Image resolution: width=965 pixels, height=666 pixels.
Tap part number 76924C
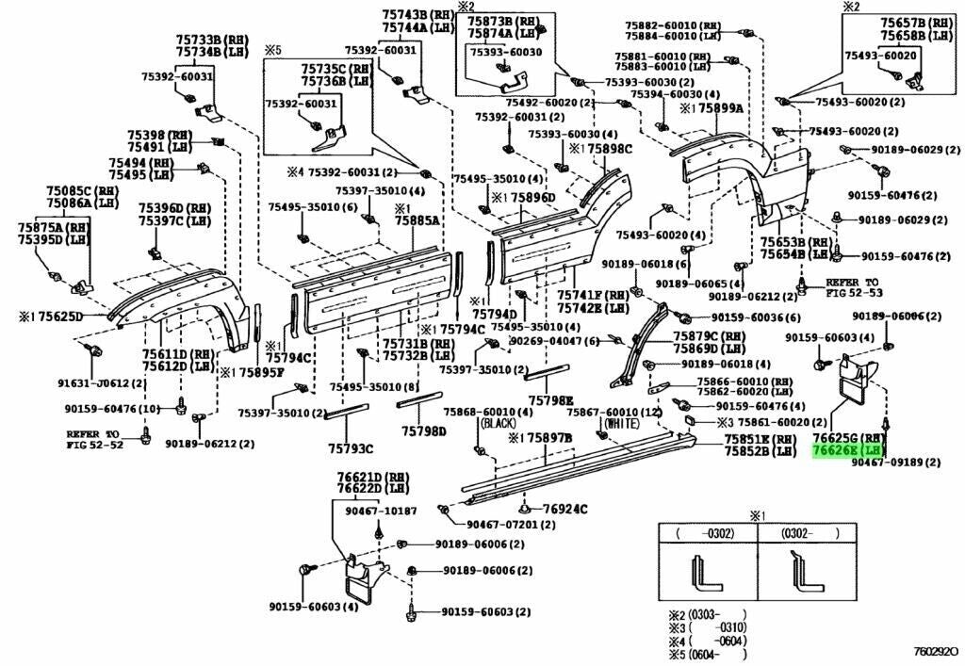[x=564, y=510]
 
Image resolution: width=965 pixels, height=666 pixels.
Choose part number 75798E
[x=549, y=400]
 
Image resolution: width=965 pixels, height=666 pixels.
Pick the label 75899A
[x=721, y=108]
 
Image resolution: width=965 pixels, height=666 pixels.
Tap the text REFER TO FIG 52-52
[x=94, y=440]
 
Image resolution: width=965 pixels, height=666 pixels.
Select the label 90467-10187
[x=380, y=512]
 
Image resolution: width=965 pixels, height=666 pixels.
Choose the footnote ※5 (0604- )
[x=707, y=654]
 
